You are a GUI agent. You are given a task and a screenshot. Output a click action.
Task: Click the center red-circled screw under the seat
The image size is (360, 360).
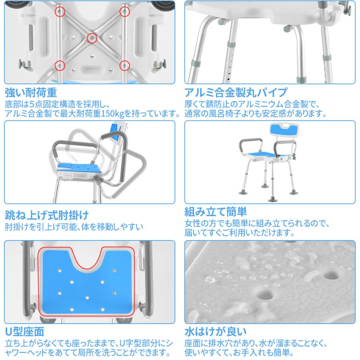[92, 38]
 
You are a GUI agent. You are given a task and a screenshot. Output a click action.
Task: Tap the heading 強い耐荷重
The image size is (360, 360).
[31, 92]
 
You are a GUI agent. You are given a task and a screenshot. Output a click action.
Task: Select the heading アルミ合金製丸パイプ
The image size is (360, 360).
[236, 92]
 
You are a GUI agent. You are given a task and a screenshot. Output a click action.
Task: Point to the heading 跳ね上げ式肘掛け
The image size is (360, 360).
[47, 215]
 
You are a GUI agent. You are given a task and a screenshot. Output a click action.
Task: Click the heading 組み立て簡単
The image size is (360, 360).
[216, 212]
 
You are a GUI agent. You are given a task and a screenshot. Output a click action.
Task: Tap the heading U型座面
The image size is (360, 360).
[24, 332]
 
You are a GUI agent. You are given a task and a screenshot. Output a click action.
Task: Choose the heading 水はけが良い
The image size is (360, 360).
[216, 332]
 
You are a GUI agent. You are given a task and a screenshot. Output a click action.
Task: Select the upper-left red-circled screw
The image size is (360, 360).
[60, 12]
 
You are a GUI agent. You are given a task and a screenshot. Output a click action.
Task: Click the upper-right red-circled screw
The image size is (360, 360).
[125, 12]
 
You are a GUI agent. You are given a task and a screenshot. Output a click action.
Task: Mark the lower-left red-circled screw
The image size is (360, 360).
[60, 66]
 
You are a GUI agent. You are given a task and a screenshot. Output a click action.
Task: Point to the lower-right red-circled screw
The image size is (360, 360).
[125, 66]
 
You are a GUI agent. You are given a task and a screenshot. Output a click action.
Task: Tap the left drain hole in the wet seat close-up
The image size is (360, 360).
[265, 294]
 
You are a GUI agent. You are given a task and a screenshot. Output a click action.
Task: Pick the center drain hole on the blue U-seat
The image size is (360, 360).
[87, 298]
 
